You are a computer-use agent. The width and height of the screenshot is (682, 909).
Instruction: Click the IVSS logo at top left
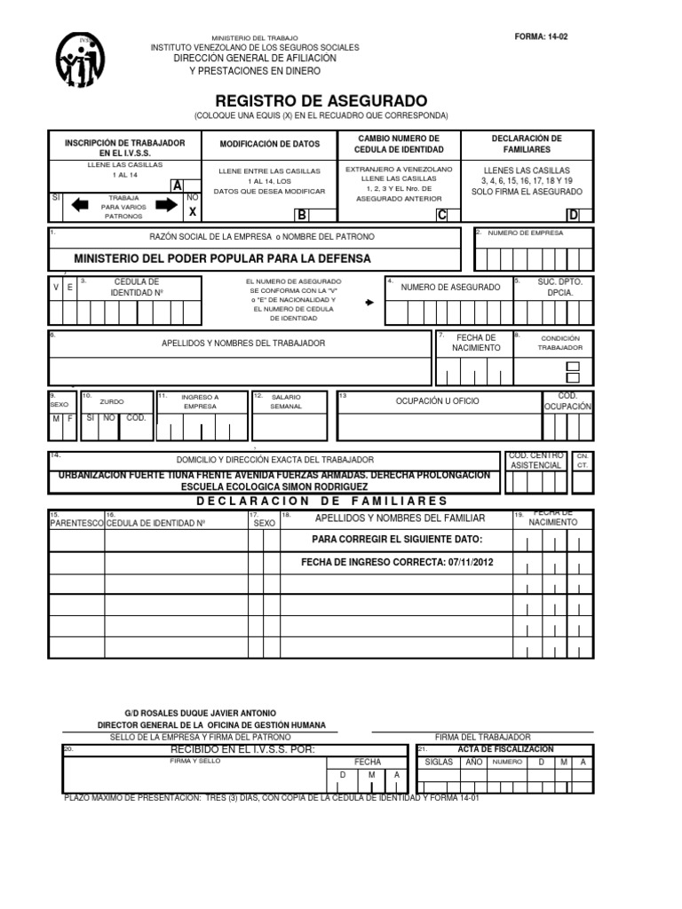[x=81, y=60]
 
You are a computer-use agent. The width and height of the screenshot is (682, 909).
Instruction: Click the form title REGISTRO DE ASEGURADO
[x=321, y=100]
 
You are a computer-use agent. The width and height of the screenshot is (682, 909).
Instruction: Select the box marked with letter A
[x=178, y=186]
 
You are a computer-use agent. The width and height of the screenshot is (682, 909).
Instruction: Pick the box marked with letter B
[x=301, y=215]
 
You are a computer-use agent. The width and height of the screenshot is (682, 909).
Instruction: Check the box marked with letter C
[x=441, y=215]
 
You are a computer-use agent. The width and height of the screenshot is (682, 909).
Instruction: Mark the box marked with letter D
[x=573, y=215]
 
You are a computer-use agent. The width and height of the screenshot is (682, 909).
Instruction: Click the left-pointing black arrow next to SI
[x=79, y=205]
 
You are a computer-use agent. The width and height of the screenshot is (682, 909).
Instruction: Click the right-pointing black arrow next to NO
[x=165, y=205]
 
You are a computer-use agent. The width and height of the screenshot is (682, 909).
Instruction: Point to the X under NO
[x=192, y=212]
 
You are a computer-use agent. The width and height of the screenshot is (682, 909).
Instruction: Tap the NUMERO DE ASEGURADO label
[x=438, y=288]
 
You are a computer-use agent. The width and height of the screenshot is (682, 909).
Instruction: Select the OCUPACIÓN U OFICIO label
[x=437, y=401]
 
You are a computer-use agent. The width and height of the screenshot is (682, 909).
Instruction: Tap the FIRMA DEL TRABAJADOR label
[x=482, y=738]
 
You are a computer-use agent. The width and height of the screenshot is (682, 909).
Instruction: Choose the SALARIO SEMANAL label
[x=286, y=401]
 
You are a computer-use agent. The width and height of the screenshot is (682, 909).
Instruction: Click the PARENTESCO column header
[x=76, y=524]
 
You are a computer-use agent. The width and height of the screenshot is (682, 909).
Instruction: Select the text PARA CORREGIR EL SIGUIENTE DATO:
[x=397, y=540]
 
